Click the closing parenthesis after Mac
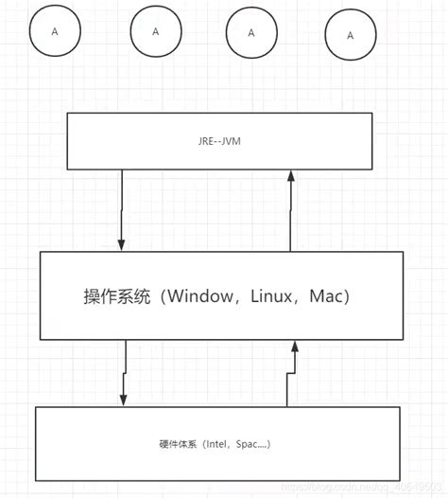pos(349,296)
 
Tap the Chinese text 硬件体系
pos(177,443)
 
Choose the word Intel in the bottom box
pos(213,443)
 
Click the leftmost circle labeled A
pos(55,31)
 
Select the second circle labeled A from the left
pos(156,30)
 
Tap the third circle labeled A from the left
pos(251,31)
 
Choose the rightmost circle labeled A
pos(350,35)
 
